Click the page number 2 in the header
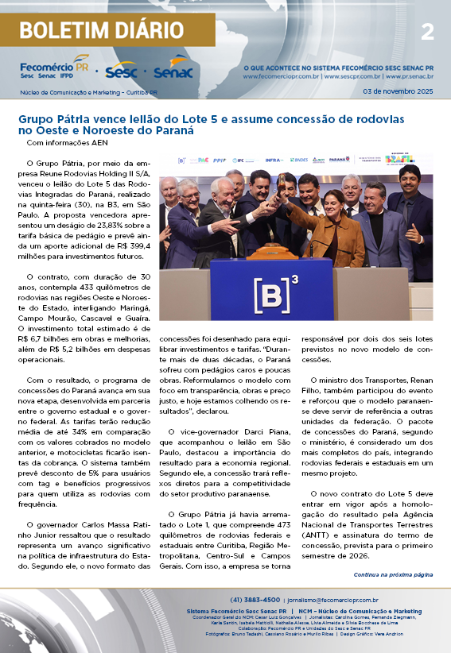click(427, 32)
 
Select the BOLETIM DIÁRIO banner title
click(101, 31)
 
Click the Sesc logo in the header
click(122, 71)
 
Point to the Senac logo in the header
click(173, 71)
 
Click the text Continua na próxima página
click(393, 574)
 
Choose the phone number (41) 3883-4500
click(255, 600)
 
